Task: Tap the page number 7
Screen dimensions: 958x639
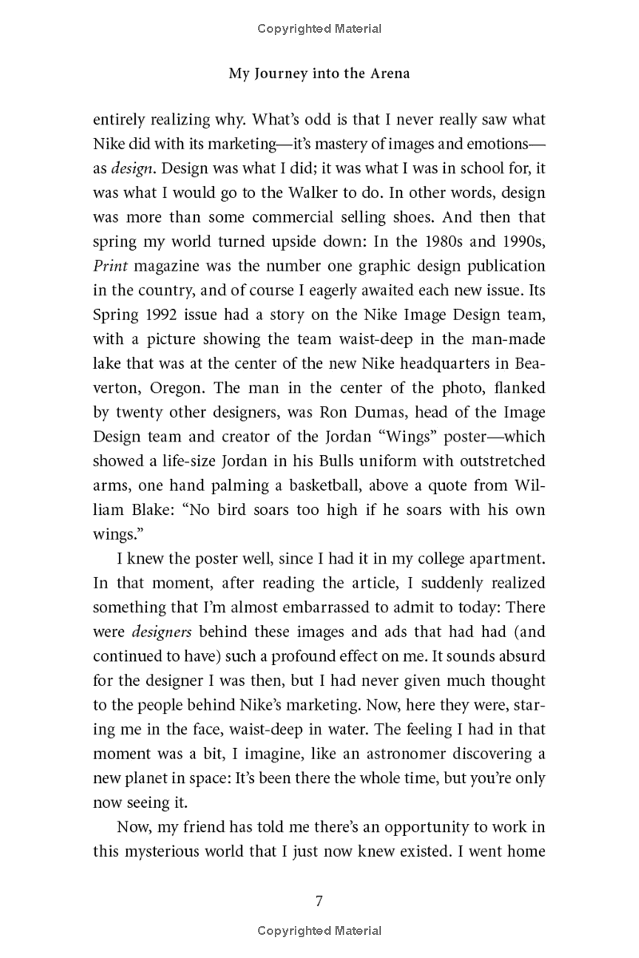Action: [x=319, y=901]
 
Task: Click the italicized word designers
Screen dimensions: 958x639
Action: [x=162, y=631]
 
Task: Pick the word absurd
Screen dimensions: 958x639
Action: [x=521, y=655]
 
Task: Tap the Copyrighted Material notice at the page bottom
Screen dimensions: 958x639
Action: [x=319, y=930]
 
